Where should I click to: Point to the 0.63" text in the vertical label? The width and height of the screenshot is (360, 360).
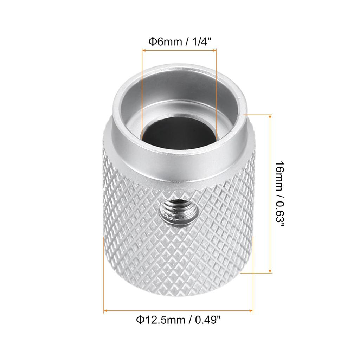[280, 214]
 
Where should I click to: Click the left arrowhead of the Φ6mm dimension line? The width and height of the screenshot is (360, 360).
[143, 51]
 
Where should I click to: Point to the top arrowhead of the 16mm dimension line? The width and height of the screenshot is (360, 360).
[270, 116]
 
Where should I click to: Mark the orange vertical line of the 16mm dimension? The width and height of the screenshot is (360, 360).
[270, 193]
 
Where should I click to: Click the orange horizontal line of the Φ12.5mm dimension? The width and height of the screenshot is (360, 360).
[179, 311]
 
